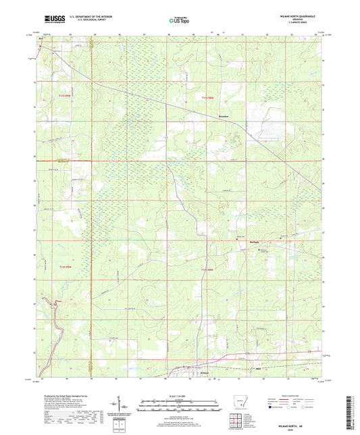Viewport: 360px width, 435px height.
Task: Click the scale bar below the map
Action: point(179,406)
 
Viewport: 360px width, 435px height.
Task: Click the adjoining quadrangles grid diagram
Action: point(235,419)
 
